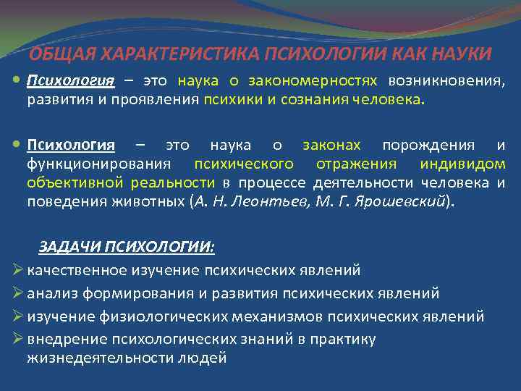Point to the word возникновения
(446, 80)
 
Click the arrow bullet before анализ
(19, 293)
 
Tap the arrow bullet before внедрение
(19, 339)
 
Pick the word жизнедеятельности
(100, 358)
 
